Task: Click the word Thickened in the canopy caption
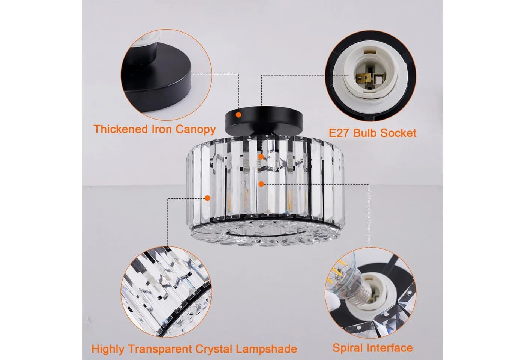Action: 120,129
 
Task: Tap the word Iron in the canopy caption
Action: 162,129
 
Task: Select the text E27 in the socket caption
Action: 339,133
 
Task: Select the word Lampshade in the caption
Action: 267,349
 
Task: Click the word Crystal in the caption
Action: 214,349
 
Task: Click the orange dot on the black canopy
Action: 238,115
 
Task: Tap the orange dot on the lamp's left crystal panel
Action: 207,198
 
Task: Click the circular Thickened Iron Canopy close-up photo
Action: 166,75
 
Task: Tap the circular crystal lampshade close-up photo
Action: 166,292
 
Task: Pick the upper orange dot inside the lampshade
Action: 261,157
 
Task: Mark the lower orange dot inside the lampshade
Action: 262,184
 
